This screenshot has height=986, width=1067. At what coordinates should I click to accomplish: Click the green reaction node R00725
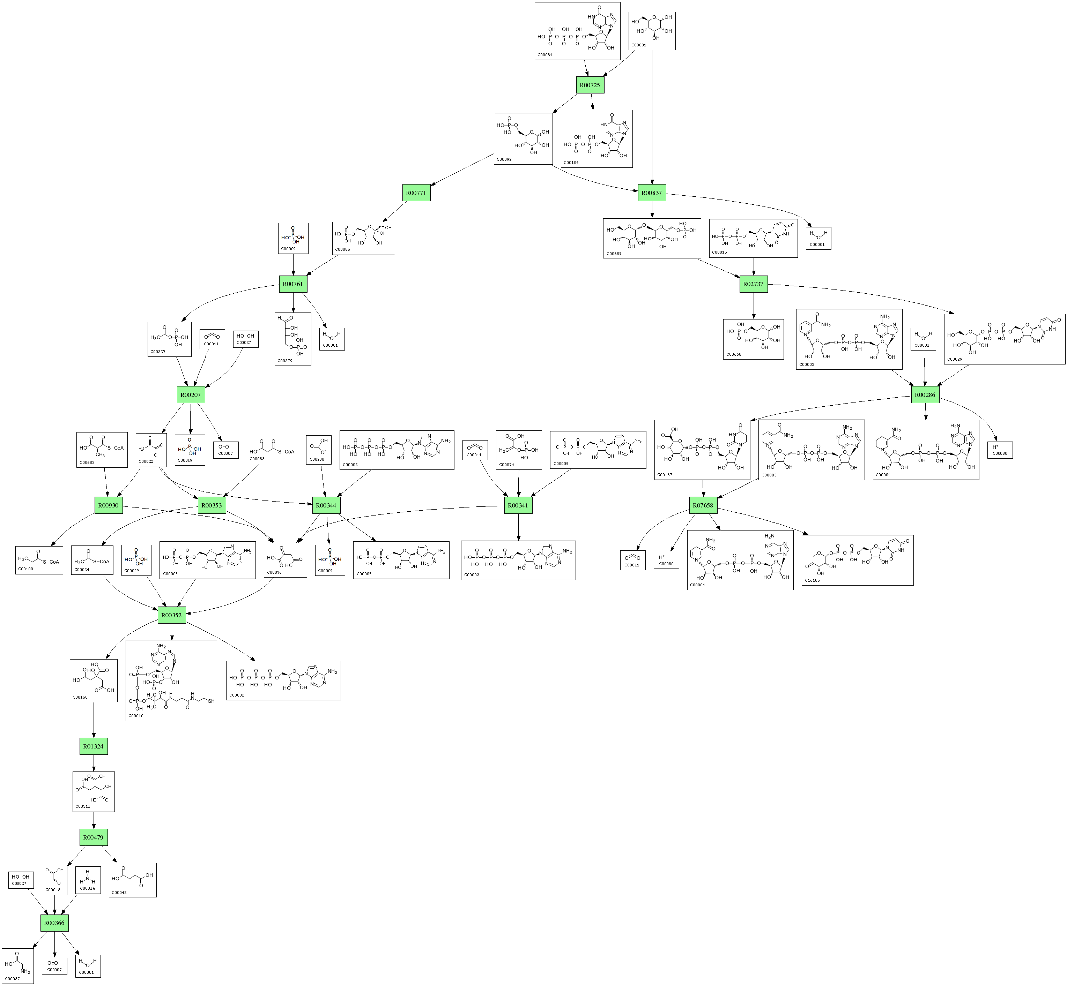(x=590, y=85)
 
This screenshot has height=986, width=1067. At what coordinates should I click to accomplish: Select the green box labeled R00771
(x=416, y=193)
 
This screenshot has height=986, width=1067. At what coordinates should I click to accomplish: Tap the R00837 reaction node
(x=652, y=193)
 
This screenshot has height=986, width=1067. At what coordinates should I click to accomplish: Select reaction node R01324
(x=94, y=746)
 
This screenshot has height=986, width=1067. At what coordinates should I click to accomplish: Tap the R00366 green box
(x=54, y=923)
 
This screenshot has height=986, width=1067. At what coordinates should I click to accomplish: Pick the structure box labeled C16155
(x=857, y=560)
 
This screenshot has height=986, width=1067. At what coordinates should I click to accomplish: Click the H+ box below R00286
(x=999, y=450)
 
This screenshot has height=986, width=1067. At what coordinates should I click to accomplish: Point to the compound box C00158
(x=94, y=680)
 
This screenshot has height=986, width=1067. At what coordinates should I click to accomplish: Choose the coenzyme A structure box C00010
(x=171, y=680)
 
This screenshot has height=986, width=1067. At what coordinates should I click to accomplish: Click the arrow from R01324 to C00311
(x=94, y=763)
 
